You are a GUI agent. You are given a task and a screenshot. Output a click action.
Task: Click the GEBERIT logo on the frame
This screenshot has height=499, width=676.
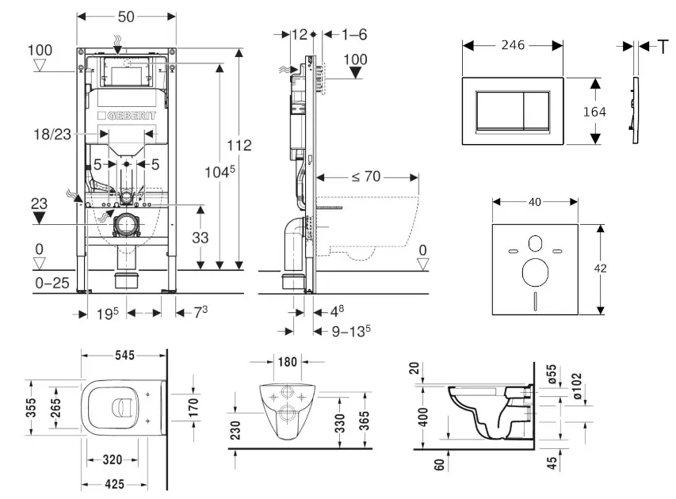click(x=127, y=115)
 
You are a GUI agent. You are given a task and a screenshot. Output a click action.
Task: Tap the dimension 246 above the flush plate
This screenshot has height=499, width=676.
click(x=514, y=47)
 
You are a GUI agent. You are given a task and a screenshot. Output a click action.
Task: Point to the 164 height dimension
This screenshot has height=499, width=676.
click(x=594, y=112)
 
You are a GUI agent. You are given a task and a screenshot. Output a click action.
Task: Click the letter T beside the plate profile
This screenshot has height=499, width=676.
click(x=663, y=47)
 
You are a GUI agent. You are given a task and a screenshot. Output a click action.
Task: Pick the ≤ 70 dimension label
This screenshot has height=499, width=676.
click(x=365, y=177)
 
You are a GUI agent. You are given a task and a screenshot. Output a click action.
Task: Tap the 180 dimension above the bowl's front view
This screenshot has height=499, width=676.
click(x=288, y=362)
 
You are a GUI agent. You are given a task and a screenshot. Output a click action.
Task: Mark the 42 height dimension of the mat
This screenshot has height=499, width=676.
click(x=601, y=269)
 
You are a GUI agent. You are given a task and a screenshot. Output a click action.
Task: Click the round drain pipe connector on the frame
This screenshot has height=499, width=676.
click(x=125, y=227)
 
